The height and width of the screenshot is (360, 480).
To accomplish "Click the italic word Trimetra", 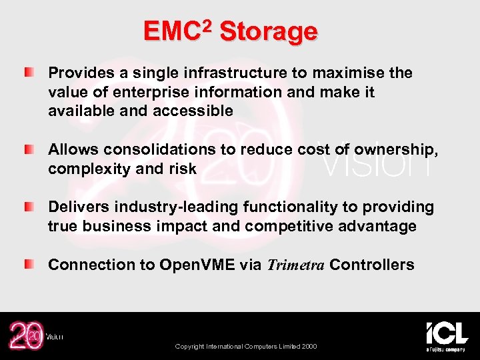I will [296, 265].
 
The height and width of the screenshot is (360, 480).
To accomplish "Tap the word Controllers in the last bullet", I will [371, 265].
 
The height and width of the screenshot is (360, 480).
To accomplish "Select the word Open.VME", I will [197, 265].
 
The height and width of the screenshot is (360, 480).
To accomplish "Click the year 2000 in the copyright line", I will [309, 347].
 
